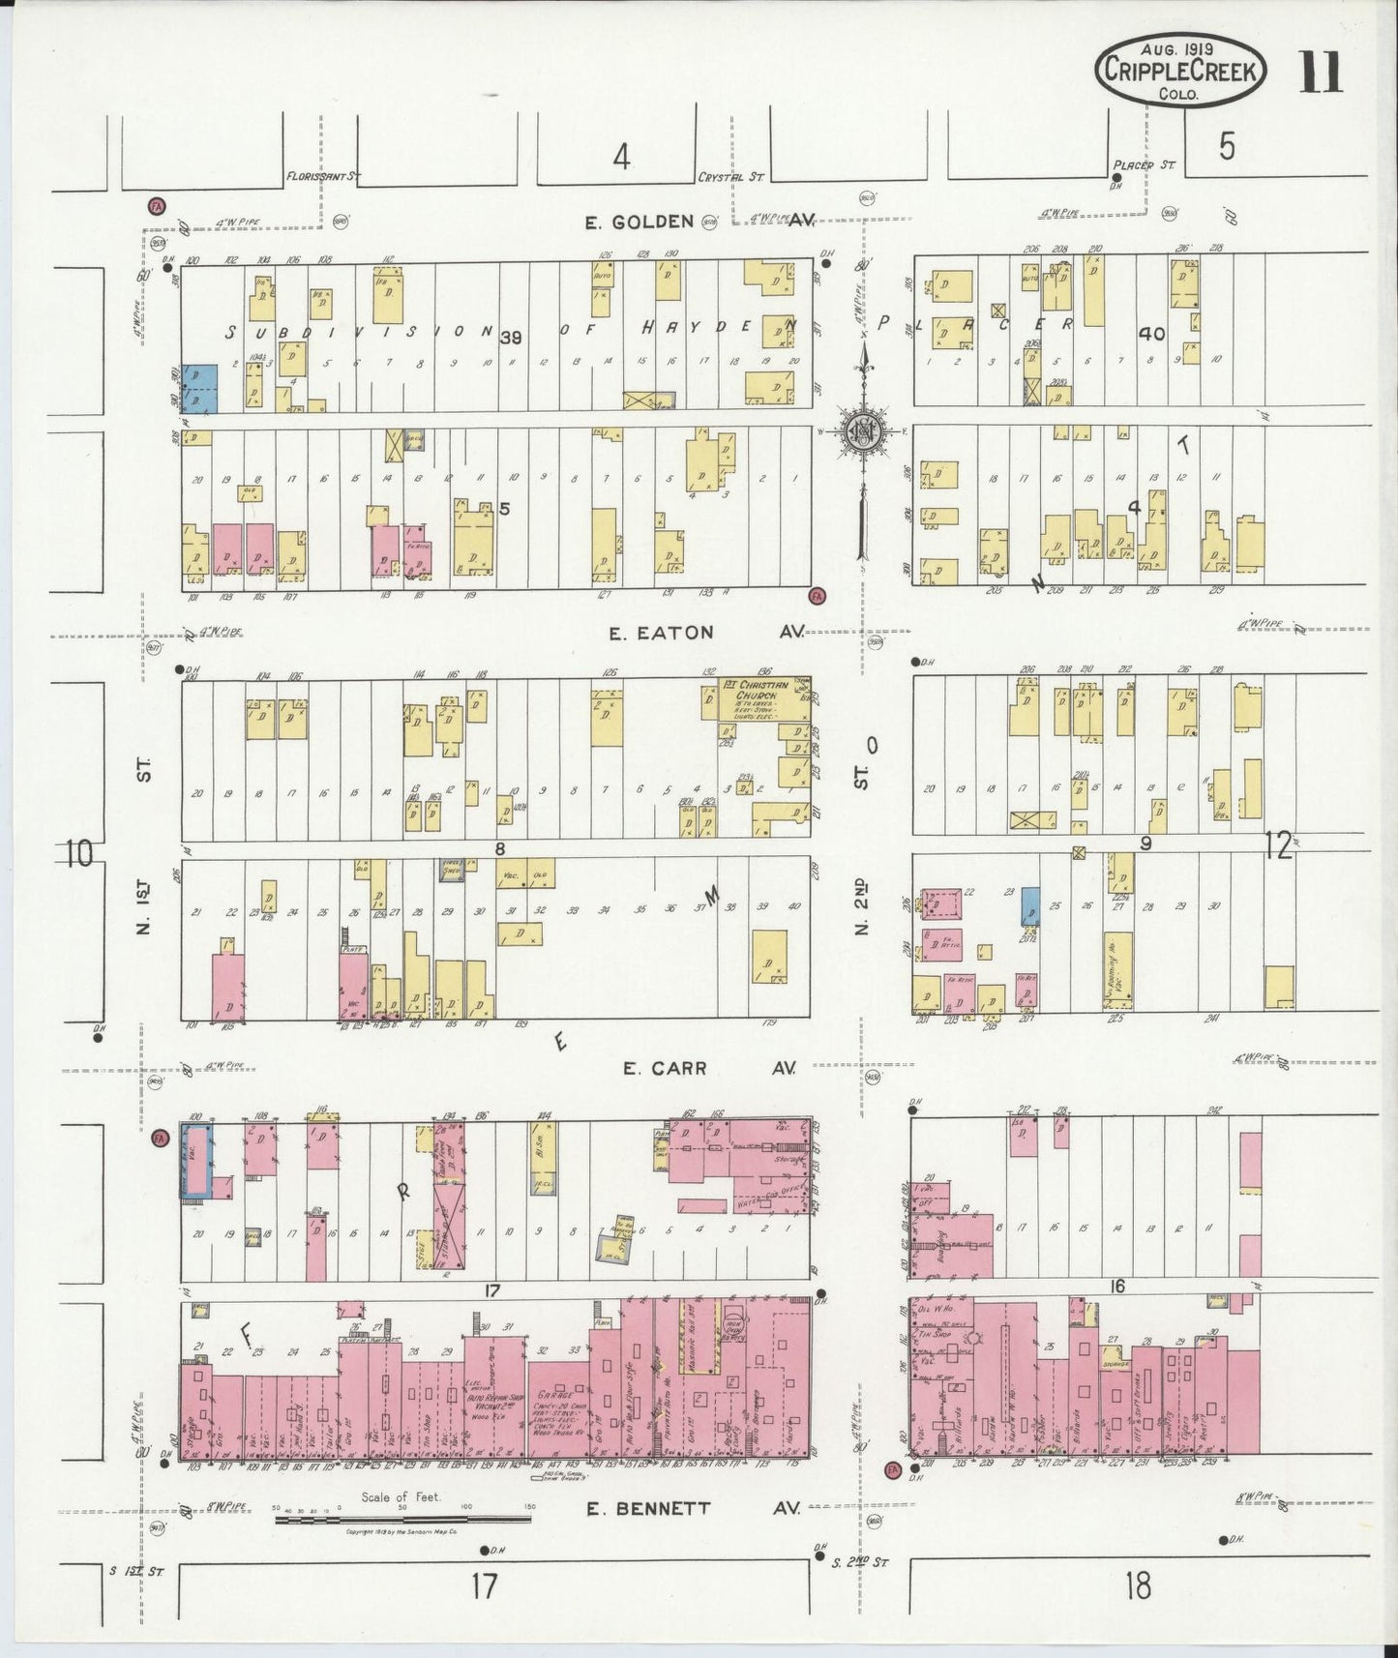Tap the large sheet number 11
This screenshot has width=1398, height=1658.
click(1320, 72)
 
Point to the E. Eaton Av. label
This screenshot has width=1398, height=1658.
click(662, 633)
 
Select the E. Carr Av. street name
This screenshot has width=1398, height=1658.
click(665, 1068)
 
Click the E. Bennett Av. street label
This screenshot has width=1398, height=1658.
click(647, 1508)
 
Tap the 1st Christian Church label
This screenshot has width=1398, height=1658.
click(756, 690)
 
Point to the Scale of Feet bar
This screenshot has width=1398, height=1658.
click(401, 1519)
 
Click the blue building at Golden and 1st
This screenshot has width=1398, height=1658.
click(200, 390)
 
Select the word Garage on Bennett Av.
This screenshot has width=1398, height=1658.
click(552, 1396)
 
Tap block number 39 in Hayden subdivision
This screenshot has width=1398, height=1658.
click(511, 337)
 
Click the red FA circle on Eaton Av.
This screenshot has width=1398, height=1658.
click(818, 595)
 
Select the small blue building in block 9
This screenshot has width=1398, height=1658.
click(1032, 905)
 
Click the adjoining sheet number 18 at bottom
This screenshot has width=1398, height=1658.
click(1138, 1584)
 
